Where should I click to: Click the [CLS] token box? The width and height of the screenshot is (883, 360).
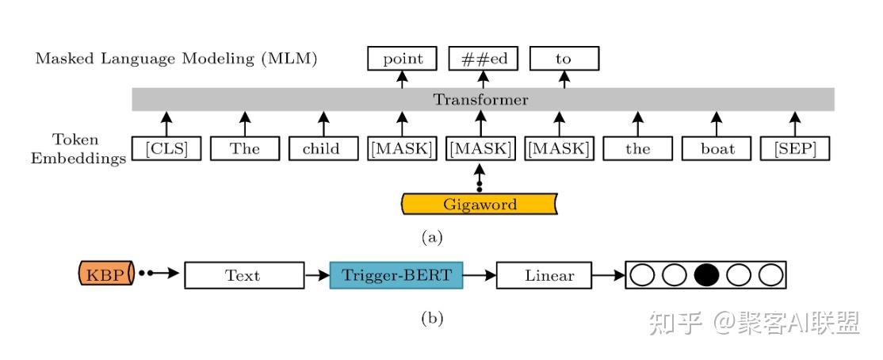[166, 149]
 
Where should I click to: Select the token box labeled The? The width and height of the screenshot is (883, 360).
[245, 149]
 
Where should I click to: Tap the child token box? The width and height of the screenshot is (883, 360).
[323, 149]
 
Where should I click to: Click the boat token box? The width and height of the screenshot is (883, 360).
[717, 149]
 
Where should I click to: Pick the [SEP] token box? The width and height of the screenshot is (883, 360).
[795, 149]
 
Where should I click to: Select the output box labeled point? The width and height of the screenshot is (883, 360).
[402, 59]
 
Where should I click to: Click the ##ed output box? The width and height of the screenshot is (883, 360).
[484, 59]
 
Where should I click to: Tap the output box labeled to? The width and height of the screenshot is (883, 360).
[564, 59]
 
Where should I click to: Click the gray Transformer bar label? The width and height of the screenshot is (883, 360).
[480, 100]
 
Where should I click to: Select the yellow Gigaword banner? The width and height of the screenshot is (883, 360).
[480, 204]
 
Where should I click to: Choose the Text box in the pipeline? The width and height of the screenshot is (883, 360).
[244, 275]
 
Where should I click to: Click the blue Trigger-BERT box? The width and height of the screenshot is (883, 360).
[396, 275]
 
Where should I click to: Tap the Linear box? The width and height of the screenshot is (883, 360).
[544, 275]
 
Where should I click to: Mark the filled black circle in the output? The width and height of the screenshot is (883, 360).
[706, 275]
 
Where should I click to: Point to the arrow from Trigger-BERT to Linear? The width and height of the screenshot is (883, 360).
[480, 275]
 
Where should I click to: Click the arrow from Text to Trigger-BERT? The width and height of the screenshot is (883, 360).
[317, 275]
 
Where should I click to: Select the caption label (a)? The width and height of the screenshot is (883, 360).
[432, 237]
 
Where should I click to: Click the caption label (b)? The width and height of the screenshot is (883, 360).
[432, 318]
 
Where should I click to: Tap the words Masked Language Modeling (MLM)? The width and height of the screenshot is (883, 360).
[176, 59]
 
